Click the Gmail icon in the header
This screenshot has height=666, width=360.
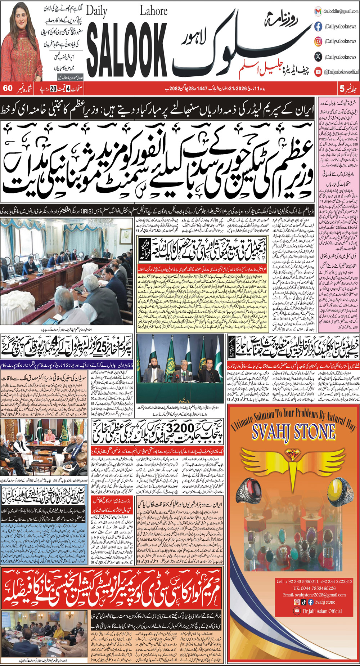318,11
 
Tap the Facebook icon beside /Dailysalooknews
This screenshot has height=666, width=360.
318,26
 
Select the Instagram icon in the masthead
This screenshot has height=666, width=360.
318,41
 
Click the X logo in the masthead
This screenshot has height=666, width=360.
318,57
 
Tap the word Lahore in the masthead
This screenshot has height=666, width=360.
153,10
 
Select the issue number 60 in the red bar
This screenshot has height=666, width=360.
8,89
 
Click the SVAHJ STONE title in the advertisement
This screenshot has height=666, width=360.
293,432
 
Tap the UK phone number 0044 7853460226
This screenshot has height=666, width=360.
314,588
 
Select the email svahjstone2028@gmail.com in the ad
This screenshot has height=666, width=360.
314,595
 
